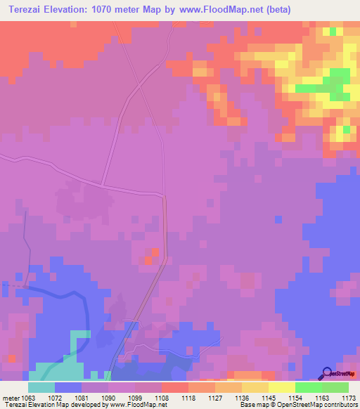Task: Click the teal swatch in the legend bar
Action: click(41, 387)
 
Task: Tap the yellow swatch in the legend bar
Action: click(281, 387)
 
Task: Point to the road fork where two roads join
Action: click(103, 186)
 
